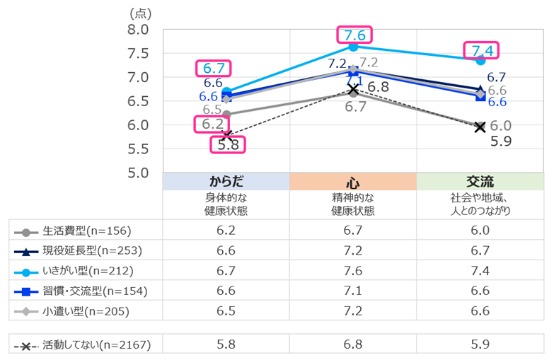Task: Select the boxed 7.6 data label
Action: coord(354,35)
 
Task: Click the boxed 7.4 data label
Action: coord(481,50)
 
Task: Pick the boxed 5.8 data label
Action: coord(228,145)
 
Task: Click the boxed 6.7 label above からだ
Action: coord(213,69)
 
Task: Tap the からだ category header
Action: coord(226,181)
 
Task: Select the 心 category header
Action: coord(352,181)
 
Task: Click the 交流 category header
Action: coord(480,181)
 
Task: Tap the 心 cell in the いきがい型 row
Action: coord(352,271)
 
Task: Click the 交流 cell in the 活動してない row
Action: coord(480,345)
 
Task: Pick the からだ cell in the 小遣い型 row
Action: coord(226,310)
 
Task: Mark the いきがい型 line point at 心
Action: coord(353,47)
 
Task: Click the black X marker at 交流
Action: coord(480,127)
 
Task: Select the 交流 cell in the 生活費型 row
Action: coord(480,231)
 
